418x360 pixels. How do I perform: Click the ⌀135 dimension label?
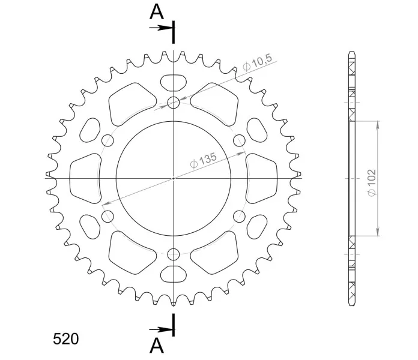[204, 161]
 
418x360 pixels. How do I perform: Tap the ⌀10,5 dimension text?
[258, 63]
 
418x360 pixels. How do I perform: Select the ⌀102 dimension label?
[372, 183]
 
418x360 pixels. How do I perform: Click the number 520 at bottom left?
[66, 339]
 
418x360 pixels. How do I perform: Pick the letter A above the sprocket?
[157, 12]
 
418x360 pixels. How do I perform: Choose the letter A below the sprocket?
[157, 346]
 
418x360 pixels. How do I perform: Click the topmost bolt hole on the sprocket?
[174, 103]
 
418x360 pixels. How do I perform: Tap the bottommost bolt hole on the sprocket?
[174, 254]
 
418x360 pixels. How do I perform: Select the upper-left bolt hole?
[108, 140]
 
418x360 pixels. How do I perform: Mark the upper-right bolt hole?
[239, 140]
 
